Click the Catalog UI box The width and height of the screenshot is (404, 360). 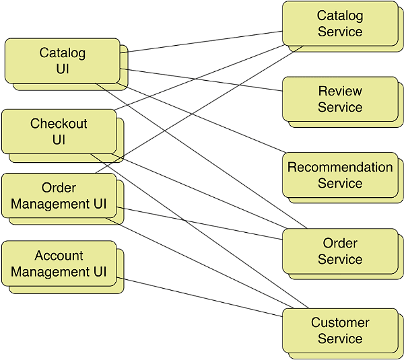(63, 61)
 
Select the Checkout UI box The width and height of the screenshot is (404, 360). (59, 132)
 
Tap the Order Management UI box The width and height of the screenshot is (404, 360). (59, 196)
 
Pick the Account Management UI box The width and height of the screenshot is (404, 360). (59, 264)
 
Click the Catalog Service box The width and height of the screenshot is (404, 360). (339, 24)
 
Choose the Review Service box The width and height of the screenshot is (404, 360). (339, 99)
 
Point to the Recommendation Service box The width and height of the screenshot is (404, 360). (339, 175)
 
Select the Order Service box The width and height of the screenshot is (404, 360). (339, 251)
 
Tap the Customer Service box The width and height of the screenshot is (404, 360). (339, 330)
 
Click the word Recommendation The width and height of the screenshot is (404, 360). (340, 167)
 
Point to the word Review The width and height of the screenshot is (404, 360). (340, 91)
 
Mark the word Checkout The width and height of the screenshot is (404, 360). (59, 124)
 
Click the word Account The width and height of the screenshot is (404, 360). (59, 256)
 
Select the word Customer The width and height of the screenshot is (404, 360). (340, 322)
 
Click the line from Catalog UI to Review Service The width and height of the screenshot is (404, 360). (202, 79)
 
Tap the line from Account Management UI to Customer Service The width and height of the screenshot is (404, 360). (202, 297)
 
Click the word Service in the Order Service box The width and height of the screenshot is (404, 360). (340, 259)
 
